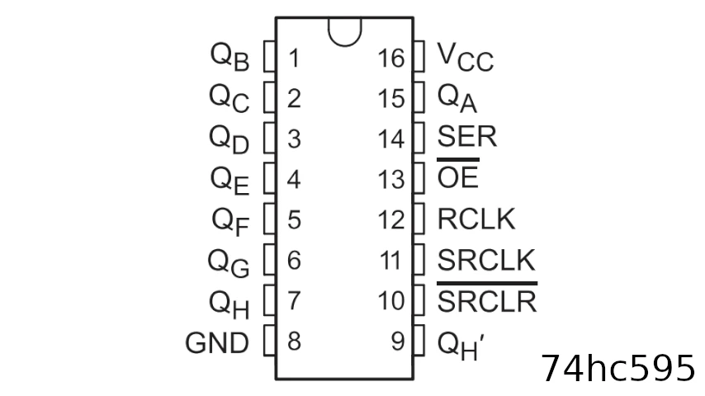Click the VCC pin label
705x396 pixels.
pos(466,57)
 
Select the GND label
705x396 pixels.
pos(217,343)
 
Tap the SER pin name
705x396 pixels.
pos(467,136)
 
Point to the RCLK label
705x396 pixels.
pos(476,219)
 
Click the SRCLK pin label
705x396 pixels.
pos(486,260)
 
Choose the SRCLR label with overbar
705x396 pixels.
pos(487,298)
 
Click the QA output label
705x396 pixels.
pos(457,98)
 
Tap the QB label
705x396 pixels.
pos(229,57)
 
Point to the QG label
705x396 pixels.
pos(228,264)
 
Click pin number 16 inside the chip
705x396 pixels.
pos(391,59)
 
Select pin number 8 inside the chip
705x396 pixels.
pos(294,342)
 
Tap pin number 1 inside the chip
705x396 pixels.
pos(294,59)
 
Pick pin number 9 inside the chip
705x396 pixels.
pos(398,342)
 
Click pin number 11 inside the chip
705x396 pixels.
pos(390,261)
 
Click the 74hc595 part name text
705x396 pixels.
pos(617,369)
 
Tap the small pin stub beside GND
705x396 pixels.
pos(269,340)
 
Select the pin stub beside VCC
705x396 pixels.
pos(419,56)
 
